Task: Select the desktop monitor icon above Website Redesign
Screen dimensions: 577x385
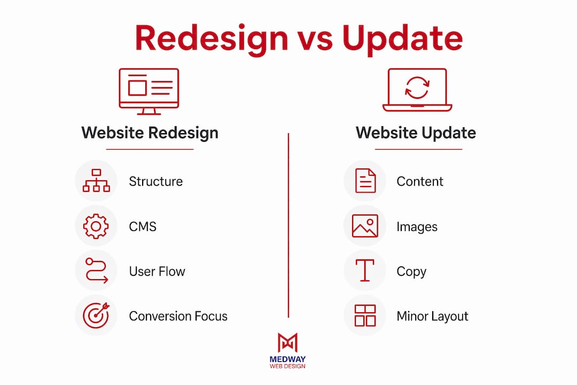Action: [149, 91]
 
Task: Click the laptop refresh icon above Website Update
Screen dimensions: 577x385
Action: [417, 89]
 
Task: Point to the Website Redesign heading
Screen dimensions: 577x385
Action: [150, 133]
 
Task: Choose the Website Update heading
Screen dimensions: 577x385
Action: [416, 133]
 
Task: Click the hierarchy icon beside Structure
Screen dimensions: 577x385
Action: [96, 181]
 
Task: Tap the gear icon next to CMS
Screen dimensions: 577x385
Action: [96, 226]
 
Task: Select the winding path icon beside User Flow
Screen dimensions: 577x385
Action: [96, 271]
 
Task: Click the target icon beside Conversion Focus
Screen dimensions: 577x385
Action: [96, 315]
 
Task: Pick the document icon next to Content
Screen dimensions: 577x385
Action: [365, 181]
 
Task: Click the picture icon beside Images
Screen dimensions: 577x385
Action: [365, 226]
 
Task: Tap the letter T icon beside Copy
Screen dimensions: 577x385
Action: [365, 271]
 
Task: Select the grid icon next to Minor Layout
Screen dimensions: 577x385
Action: [365, 315]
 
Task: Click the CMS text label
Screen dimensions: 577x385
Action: [143, 227]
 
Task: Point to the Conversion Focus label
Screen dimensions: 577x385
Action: [178, 316]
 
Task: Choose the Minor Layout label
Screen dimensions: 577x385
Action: [432, 316]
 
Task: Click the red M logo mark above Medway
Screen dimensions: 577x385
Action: [288, 343]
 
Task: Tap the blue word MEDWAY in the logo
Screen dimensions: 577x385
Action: [287, 359]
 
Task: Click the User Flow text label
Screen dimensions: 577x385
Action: [157, 272]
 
